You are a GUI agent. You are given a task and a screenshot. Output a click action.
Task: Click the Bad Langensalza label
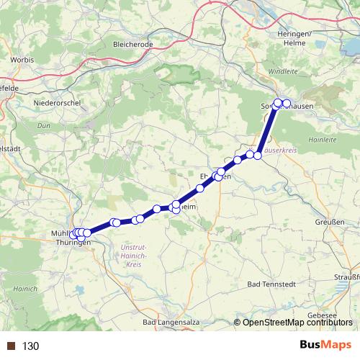pos(171,322)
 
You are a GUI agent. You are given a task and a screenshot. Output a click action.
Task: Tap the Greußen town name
pos(329,222)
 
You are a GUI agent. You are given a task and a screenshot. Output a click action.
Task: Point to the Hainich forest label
pos(14,288)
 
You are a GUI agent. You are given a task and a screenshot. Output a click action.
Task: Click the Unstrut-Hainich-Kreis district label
pos(130,256)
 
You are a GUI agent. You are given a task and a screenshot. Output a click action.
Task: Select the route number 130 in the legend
pos(30,346)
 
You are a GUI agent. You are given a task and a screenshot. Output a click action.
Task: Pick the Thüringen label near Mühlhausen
pos(73,243)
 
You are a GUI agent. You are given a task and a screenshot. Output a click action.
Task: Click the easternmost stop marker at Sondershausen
pos(287,104)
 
